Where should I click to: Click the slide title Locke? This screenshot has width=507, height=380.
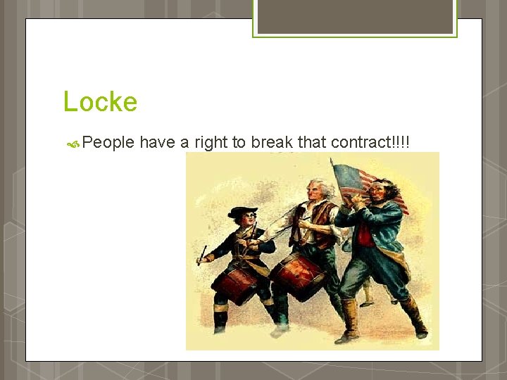[x=100, y=102]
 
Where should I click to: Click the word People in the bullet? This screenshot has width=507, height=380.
[x=108, y=143]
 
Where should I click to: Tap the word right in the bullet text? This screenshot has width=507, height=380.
[x=211, y=143]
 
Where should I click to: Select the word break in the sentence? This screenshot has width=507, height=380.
[x=272, y=142]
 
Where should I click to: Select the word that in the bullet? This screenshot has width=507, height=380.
[x=312, y=142]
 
